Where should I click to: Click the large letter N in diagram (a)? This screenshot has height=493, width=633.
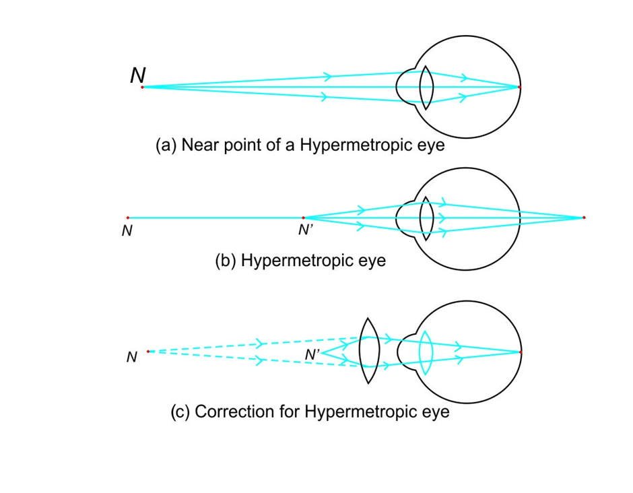pos(137,75)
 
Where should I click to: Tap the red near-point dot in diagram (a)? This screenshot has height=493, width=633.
pos(142,87)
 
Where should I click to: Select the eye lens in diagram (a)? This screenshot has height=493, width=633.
pos(426,87)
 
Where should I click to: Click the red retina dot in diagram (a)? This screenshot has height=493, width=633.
pos(520,87)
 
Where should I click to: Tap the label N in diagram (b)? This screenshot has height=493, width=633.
pos(127,231)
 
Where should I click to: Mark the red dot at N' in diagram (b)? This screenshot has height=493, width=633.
pos(303,218)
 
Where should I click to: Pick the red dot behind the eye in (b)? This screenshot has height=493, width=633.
pos(584,218)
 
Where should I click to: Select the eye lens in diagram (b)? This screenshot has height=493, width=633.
pos(426,218)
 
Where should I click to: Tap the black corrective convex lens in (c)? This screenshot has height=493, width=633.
pos(368,351)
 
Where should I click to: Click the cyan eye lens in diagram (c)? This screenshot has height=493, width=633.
pos(425,352)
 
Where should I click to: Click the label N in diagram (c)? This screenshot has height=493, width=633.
pos(132,358)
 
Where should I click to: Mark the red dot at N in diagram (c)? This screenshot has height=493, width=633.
pos(148,352)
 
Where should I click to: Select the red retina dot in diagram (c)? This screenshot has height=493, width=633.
pos(521,352)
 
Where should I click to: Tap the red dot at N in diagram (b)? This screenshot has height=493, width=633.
pos(127,218)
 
